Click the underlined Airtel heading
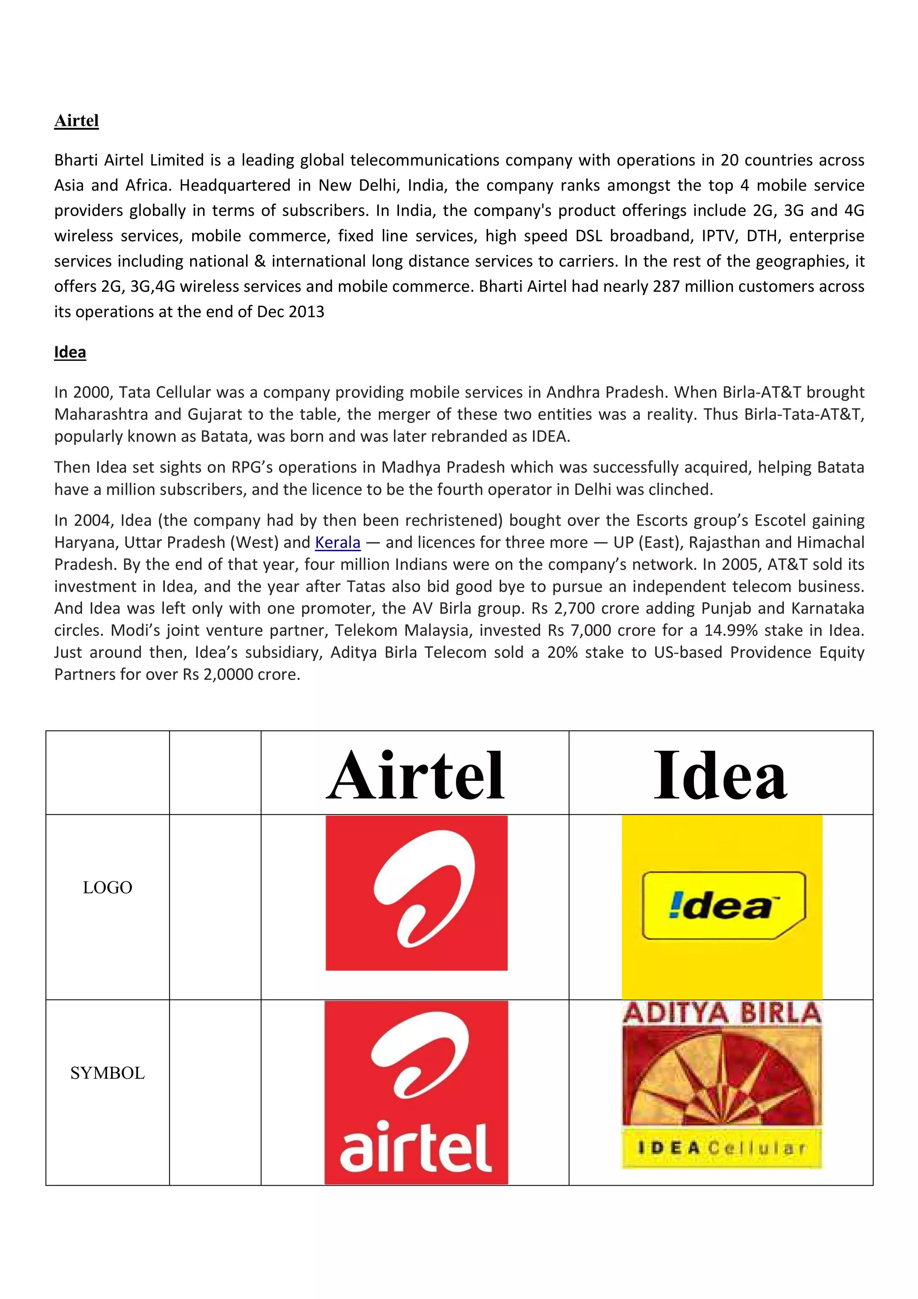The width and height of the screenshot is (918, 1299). (76, 121)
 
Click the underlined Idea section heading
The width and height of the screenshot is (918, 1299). (70, 352)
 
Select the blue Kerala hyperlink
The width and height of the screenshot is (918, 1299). (338, 542)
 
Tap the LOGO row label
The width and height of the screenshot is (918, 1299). (108, 887)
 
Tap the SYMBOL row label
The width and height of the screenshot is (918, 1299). (108, 1073)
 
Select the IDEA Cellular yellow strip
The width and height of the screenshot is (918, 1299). (722, 1147)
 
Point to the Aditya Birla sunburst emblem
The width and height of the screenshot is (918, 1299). (722, 1078)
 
